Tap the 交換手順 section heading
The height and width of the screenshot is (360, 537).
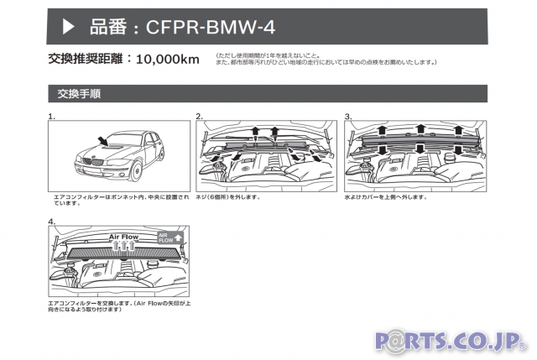[81, 93]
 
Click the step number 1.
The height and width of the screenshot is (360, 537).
[52, 117]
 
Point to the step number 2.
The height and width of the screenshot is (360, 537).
[200, 117]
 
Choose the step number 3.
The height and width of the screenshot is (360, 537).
[348, 117]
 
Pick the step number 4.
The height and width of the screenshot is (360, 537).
[52, 222]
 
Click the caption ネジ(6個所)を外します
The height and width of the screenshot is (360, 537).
[227, 198]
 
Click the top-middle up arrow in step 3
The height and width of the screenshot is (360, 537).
[419, 129]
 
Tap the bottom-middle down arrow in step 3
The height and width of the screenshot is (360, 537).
[419, 150]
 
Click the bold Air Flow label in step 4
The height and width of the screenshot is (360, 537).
[124, 237]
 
